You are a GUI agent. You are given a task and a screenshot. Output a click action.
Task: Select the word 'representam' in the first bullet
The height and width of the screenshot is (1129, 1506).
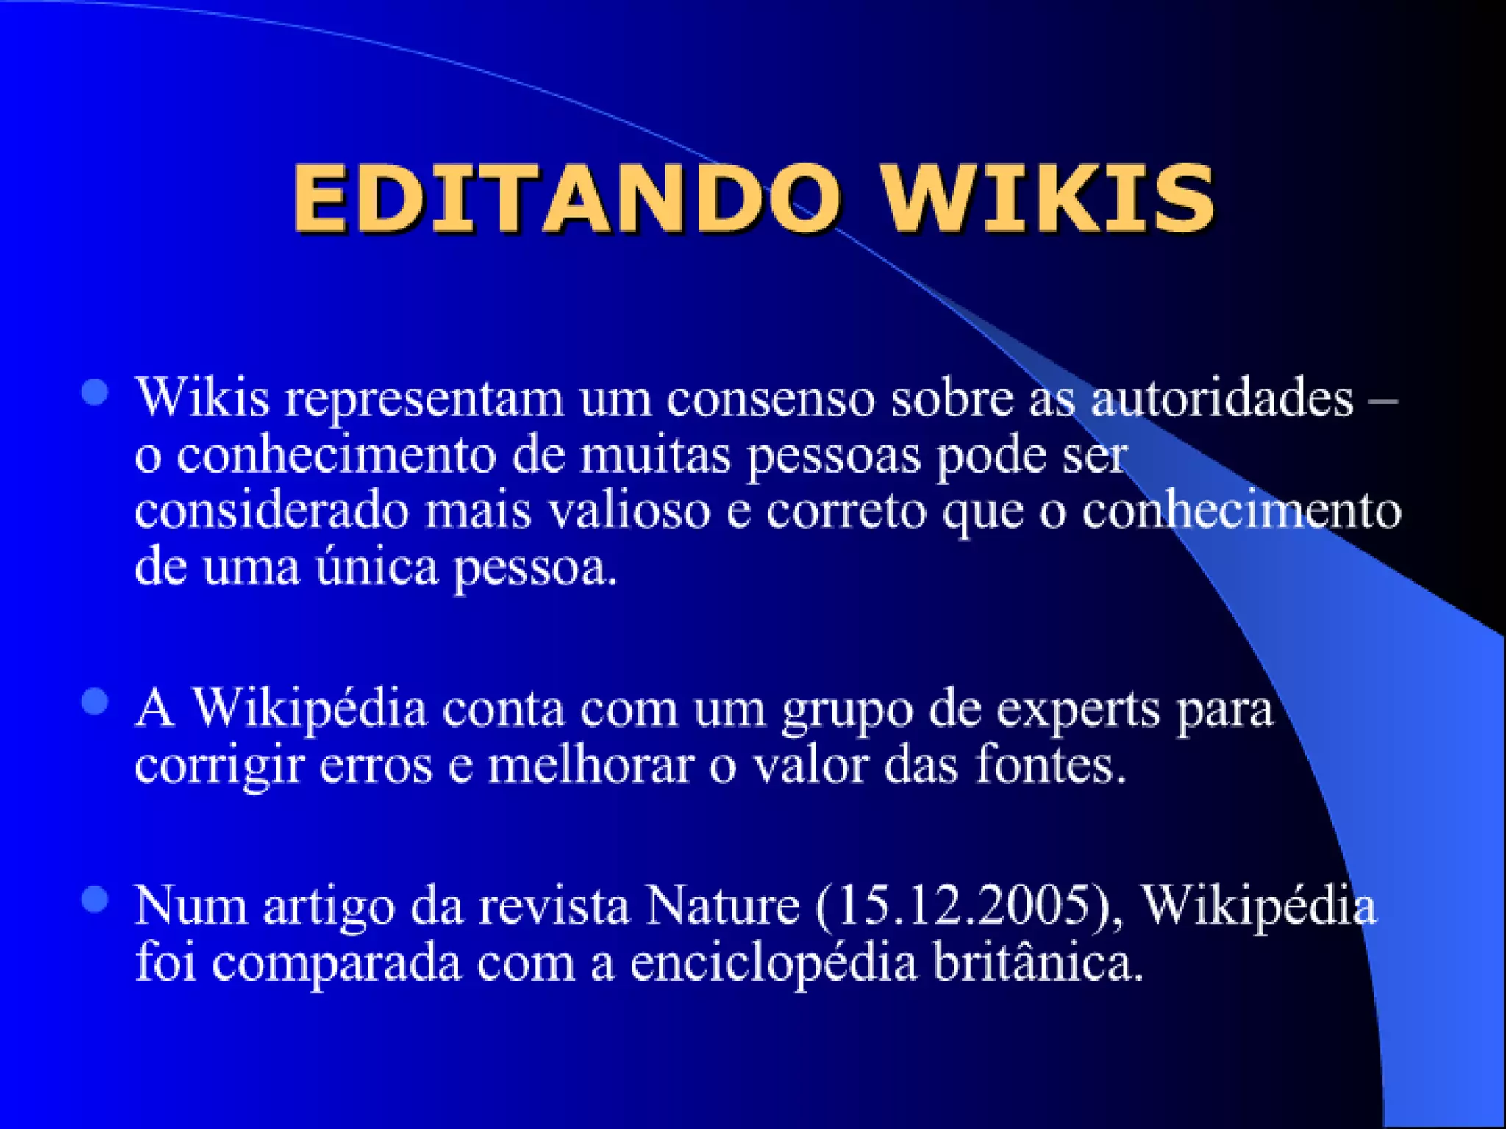[x=424, y=399]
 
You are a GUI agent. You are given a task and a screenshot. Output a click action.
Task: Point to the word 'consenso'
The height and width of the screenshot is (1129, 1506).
[x=771, y=399]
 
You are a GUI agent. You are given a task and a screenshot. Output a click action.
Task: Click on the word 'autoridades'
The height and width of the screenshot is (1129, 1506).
[x=1221, y=399]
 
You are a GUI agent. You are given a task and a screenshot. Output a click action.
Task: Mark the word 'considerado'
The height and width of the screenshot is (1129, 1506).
[x=271, y=511]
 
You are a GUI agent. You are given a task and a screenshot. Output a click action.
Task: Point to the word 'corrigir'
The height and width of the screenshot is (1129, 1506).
[x=219, y=767]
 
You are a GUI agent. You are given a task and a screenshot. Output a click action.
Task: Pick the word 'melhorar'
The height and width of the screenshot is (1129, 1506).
[x=591, y=766]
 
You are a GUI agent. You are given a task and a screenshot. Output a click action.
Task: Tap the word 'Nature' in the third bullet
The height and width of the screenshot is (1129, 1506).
[x=722, y=906]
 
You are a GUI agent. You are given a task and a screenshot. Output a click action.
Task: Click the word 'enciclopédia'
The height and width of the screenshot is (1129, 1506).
[x=774, y=962]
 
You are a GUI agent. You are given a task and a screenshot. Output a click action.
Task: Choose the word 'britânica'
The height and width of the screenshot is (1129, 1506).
[x=1038, y=962]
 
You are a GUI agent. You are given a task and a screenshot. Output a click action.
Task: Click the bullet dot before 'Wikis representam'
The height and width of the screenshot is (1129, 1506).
[x=95, y=393]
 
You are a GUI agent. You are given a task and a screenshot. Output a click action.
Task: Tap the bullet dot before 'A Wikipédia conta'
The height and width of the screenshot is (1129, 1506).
[x=95, y=702]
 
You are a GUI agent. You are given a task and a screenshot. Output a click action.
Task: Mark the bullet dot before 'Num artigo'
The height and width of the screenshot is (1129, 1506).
[x=95, y=900]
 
